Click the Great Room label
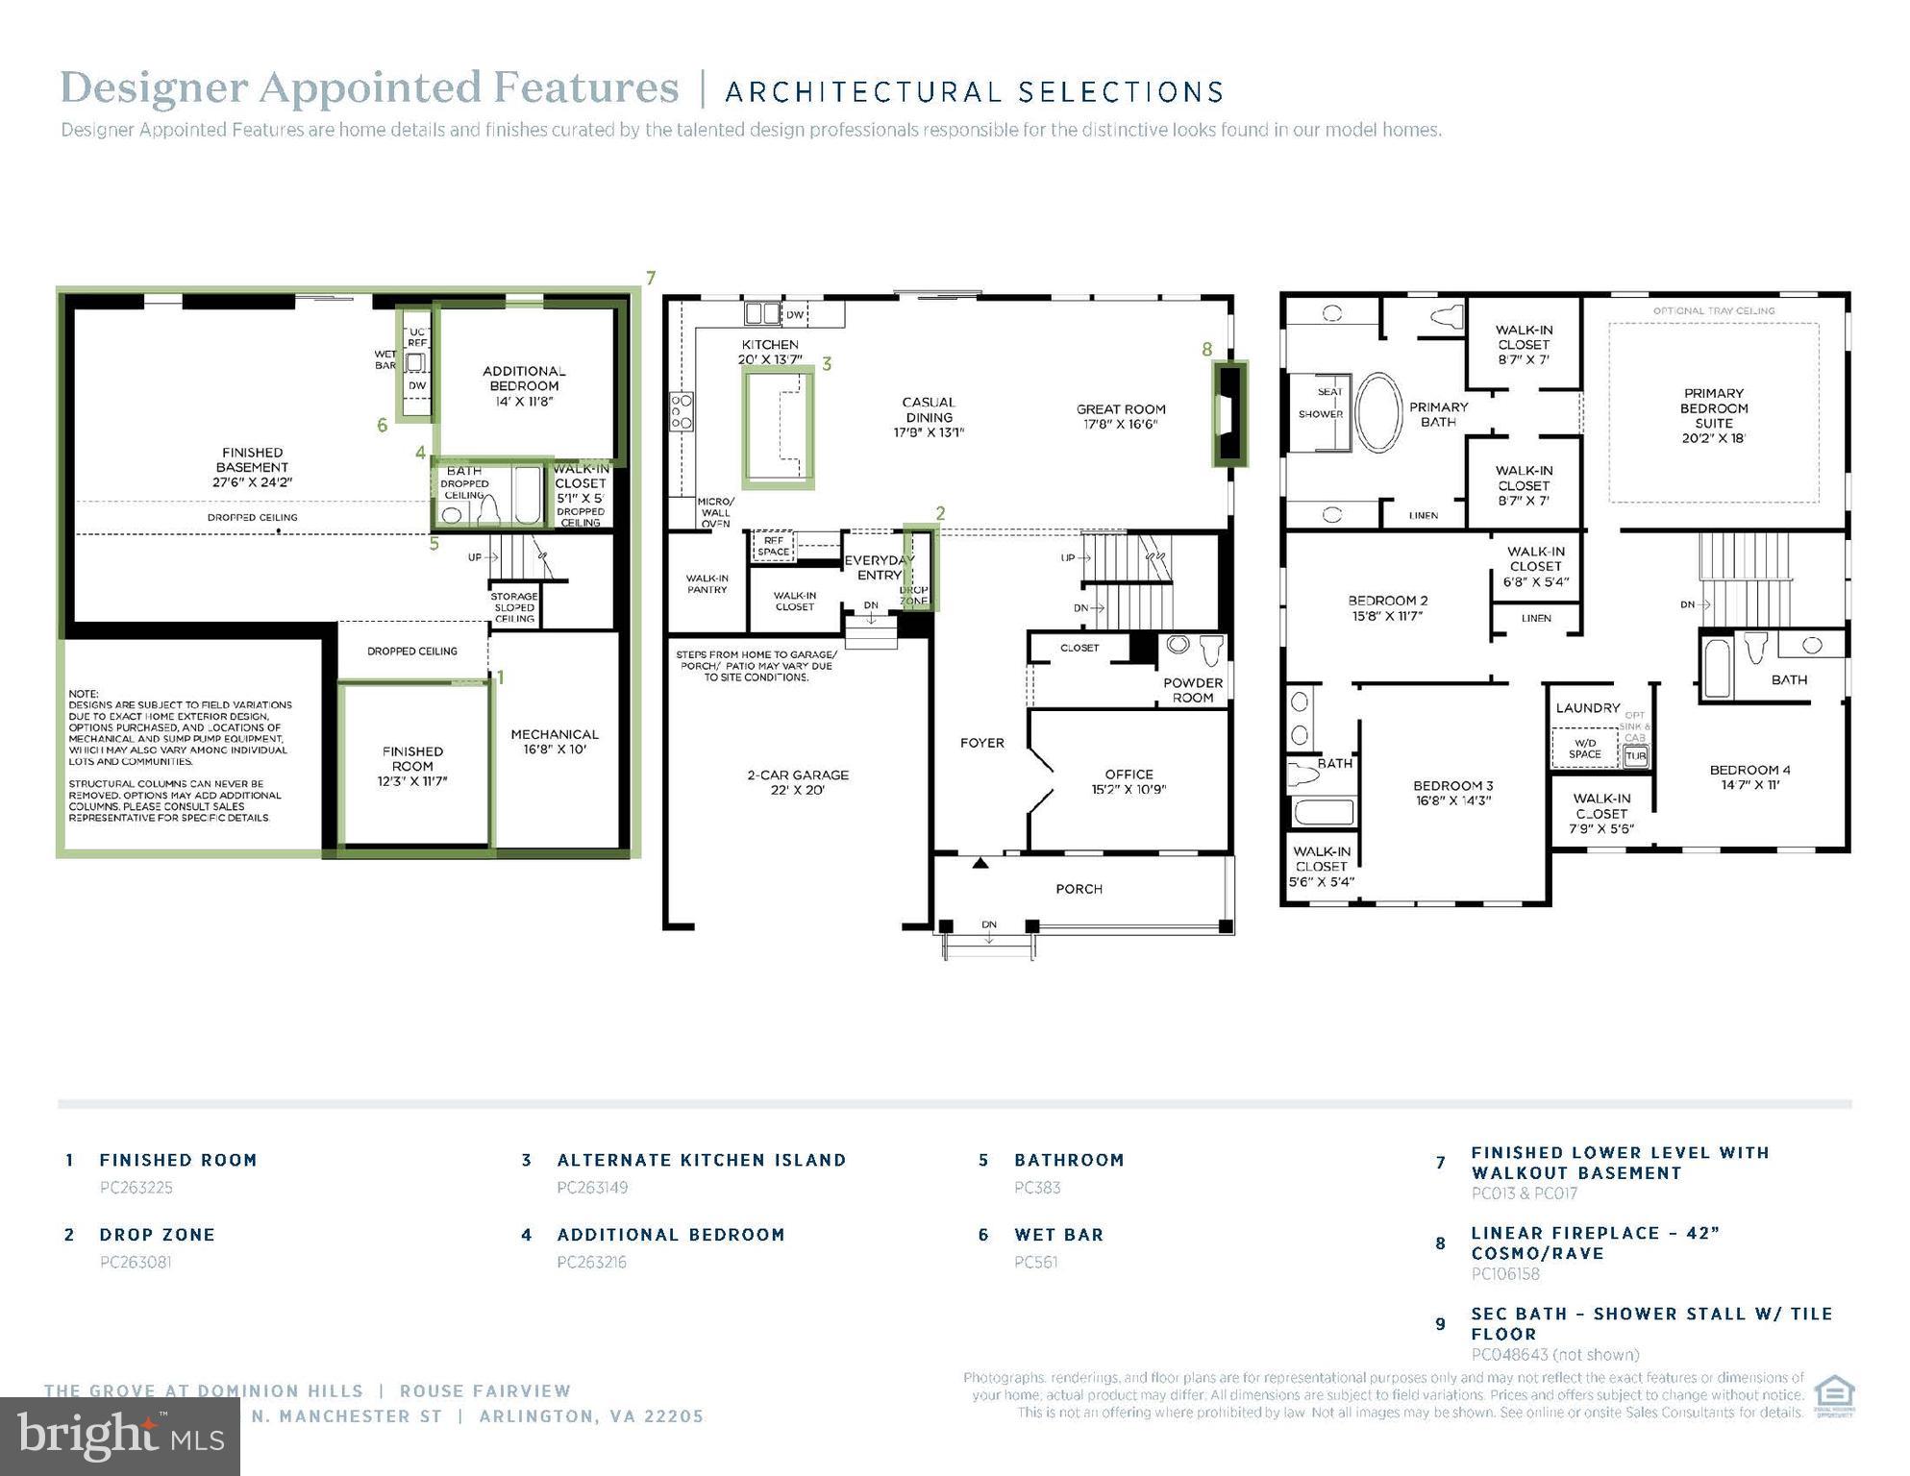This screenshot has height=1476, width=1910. point(1120,416)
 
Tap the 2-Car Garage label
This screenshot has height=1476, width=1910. point(798,782)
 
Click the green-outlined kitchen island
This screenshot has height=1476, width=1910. point(778,429)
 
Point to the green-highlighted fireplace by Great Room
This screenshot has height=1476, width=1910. point(1228,414)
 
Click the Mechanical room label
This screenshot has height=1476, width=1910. point(555,741)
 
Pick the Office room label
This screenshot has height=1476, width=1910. point(1129,781)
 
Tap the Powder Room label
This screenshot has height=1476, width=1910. point(1192,690)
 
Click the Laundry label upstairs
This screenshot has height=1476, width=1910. point(1587,708)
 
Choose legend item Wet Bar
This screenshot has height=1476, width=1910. point(1058,1235)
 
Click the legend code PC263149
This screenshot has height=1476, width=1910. point(592,1188)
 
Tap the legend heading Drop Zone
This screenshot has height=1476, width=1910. point(157,1235)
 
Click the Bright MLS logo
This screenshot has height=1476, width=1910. point(120,1436)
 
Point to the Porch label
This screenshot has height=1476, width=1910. point(1079,889)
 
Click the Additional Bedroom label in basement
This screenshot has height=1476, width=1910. point(523,385)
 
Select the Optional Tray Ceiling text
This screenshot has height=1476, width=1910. point(1713,311)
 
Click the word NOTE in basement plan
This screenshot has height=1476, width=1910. point(84,694)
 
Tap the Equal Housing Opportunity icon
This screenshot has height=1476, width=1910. point(1833,1396)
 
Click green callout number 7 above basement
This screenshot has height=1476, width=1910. point(651,279)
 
